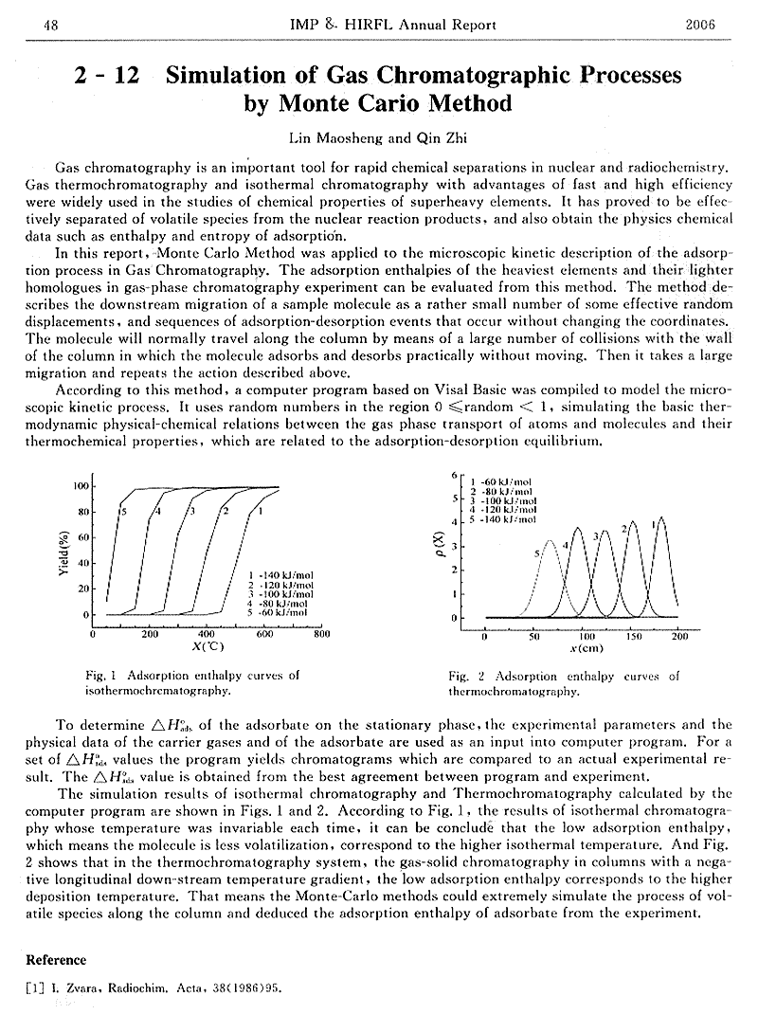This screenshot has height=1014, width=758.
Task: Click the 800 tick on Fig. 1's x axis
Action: (321, 635)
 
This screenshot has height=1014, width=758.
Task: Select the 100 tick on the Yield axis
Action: (81, 486)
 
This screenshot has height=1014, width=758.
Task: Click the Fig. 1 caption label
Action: (100, 676)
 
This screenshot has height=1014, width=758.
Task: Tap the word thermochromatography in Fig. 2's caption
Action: (514, 693)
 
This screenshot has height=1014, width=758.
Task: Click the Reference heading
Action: (56, 960)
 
